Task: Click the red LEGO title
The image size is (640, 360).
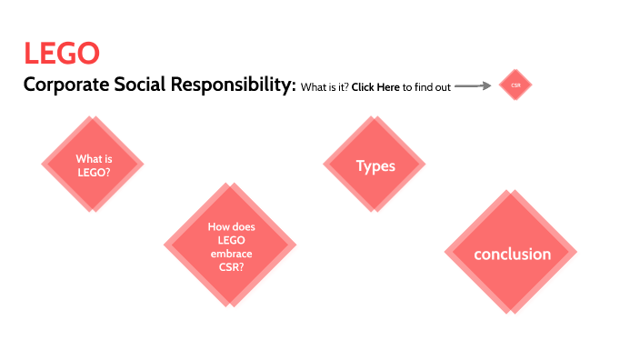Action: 62,54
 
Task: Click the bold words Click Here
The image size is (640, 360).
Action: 375,87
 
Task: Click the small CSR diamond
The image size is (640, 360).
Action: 515,86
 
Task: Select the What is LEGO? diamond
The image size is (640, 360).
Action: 91,164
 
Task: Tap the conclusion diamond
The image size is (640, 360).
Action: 512,254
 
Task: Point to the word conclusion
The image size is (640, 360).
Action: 512,254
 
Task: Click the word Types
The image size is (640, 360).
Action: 375,165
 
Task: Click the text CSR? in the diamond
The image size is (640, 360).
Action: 230,267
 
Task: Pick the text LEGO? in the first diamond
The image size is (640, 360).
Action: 91,170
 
